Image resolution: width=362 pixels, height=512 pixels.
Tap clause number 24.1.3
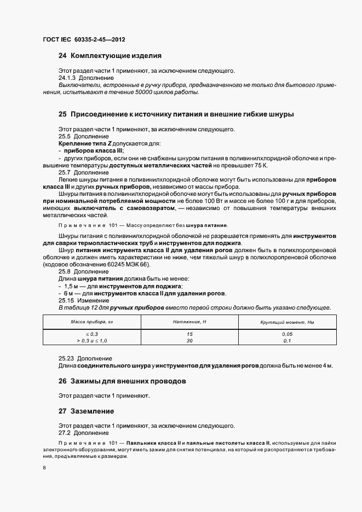pyautogui.click(x=67, y=78)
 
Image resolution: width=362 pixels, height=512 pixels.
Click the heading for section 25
pyautogui.click(x=176, y=114)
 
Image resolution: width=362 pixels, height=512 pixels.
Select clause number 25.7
pyautogui.click(x=65, y=172)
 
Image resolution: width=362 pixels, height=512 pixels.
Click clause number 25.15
pyautogui.click(x=67, y=300)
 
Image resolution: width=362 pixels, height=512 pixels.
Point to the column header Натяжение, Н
pyautogui.click(x=189, y=322)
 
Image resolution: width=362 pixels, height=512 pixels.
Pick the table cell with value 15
pyautogui.click(x=189, y=334)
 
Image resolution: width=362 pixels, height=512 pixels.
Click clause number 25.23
pyautogui.click(x=67, y=358)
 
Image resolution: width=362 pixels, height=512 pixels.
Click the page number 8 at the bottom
pyautogui.click(x=44, y=468)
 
